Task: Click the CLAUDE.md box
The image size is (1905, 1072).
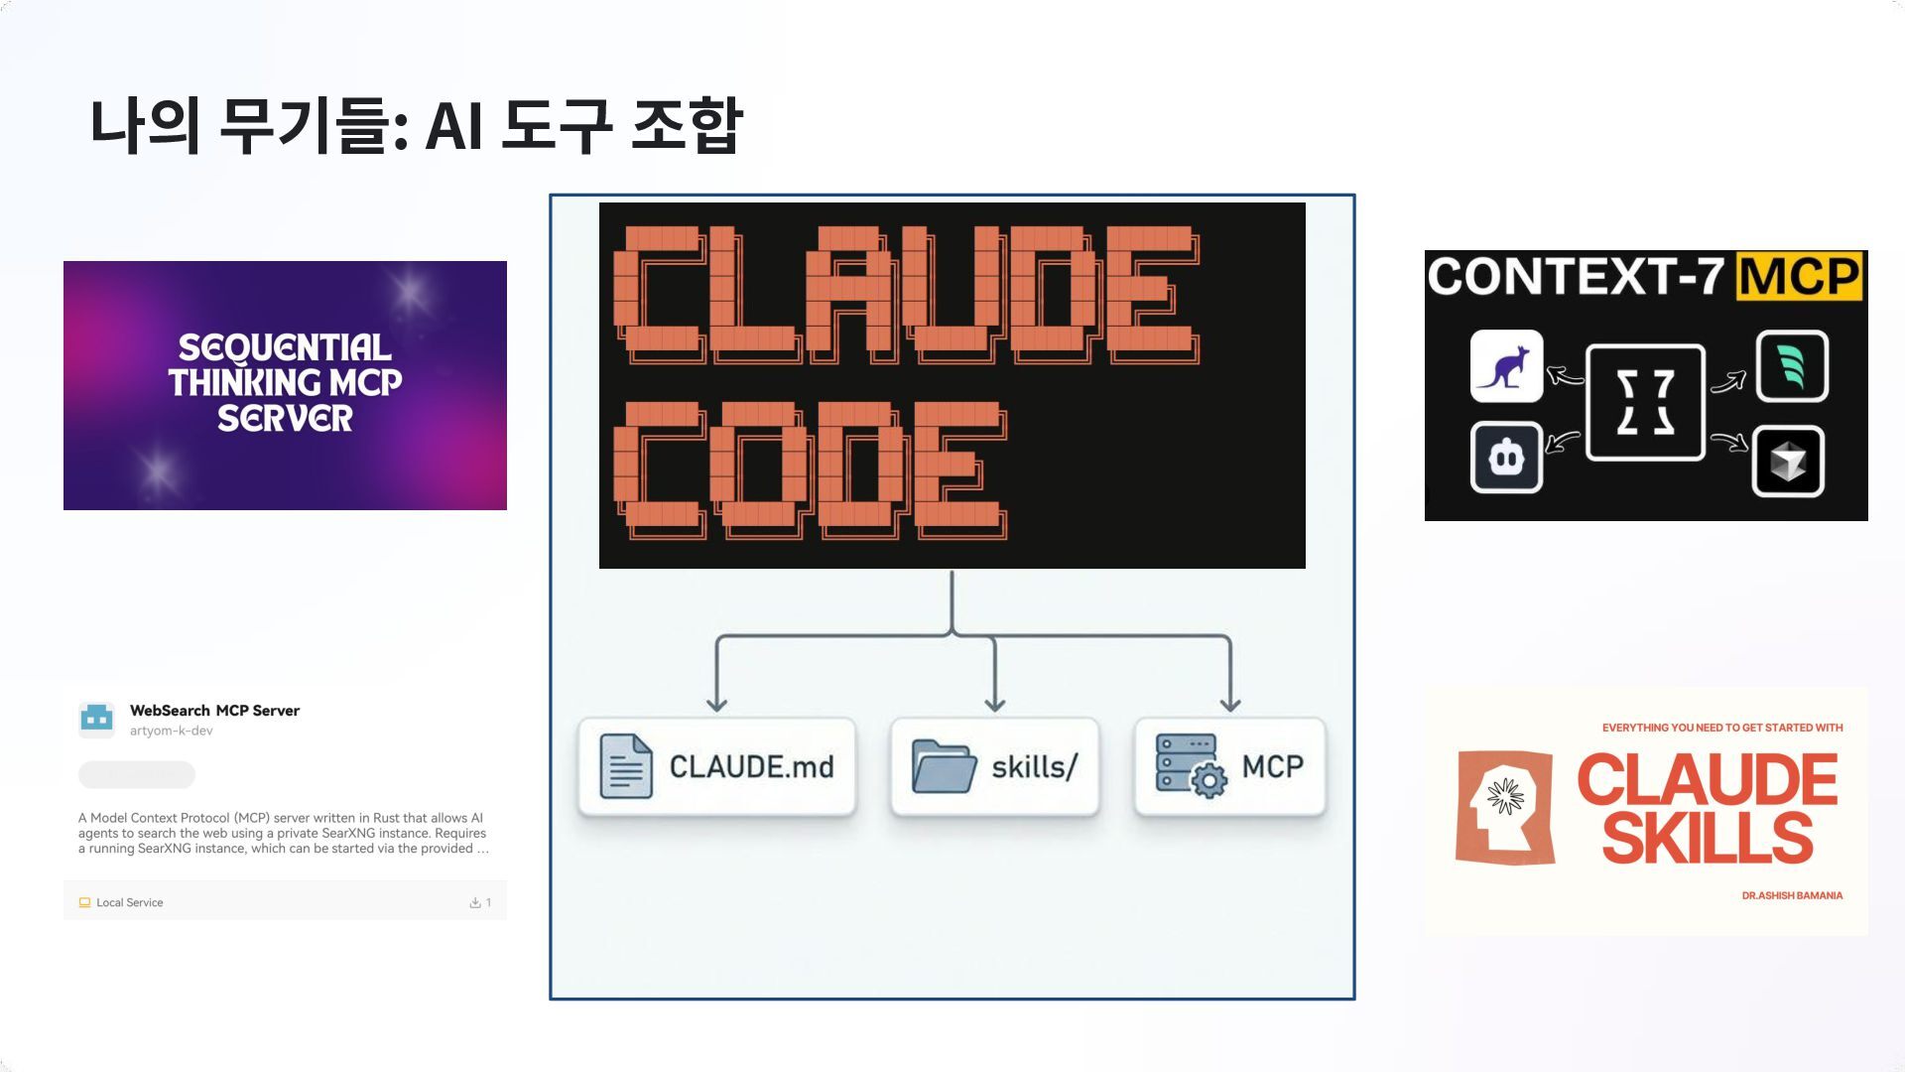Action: tap(716, 767)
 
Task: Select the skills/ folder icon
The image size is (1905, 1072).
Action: tap(943, 766)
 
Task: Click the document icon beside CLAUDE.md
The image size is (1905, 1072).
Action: tap(626, 766)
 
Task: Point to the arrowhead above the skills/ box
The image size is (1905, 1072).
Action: tap(995, 704)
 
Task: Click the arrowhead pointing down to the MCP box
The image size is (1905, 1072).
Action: tap(1230, 704)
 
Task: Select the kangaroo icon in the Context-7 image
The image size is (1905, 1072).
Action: tap(1506, 366)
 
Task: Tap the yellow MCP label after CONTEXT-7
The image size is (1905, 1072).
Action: tap(1799, 277)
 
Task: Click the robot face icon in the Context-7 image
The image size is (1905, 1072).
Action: tap(1506, 458)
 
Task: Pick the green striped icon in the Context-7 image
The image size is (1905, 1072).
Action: tap(1792, 366)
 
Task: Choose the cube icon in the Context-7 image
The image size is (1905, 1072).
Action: tap(1788, 461)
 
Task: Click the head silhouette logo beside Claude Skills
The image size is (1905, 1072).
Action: tap(1504, 807)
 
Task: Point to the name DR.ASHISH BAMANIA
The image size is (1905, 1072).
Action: tap(1792, 895)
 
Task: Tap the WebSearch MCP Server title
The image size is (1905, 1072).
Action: tap(214, 711)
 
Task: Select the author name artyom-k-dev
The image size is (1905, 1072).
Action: tap(171, 732)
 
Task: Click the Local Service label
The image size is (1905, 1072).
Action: tap(129, 903)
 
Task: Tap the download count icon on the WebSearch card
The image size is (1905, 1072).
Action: tap(475, 903)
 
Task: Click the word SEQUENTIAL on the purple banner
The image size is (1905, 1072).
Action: tap(285, 347)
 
